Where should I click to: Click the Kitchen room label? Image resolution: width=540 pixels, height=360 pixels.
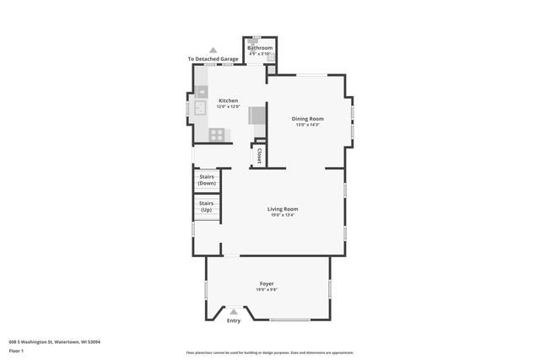pos(228,100)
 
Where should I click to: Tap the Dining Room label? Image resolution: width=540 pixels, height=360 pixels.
pos(307,119)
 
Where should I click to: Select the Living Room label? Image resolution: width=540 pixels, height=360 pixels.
pos(283,209)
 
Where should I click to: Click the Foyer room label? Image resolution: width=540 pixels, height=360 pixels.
pos(267,283)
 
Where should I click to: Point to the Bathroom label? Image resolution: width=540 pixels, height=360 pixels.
pos(260,48)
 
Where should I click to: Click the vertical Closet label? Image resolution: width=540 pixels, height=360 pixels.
pos(259,156)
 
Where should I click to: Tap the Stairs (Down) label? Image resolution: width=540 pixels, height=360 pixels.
pos(207,180)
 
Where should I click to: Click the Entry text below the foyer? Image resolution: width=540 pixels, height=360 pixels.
pos(234,320)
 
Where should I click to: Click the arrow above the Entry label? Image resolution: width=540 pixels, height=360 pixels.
pos(234,312)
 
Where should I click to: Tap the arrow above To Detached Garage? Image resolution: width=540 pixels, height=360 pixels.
pos(213,51)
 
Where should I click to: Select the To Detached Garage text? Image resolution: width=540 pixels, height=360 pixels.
pos(213,59)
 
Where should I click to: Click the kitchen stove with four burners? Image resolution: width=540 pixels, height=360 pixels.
pos(216,133)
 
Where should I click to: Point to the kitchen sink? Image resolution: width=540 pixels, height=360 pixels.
pos(202,108)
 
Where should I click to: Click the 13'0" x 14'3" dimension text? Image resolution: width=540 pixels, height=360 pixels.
pos(307,125)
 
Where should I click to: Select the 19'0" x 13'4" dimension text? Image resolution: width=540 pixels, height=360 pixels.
pos(283,215)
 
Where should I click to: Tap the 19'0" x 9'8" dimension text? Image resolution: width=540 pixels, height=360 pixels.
pos(267,289)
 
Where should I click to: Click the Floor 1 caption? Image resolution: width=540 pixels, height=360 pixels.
pos(17,350)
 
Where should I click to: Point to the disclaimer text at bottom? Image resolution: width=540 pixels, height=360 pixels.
pos(269,352)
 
